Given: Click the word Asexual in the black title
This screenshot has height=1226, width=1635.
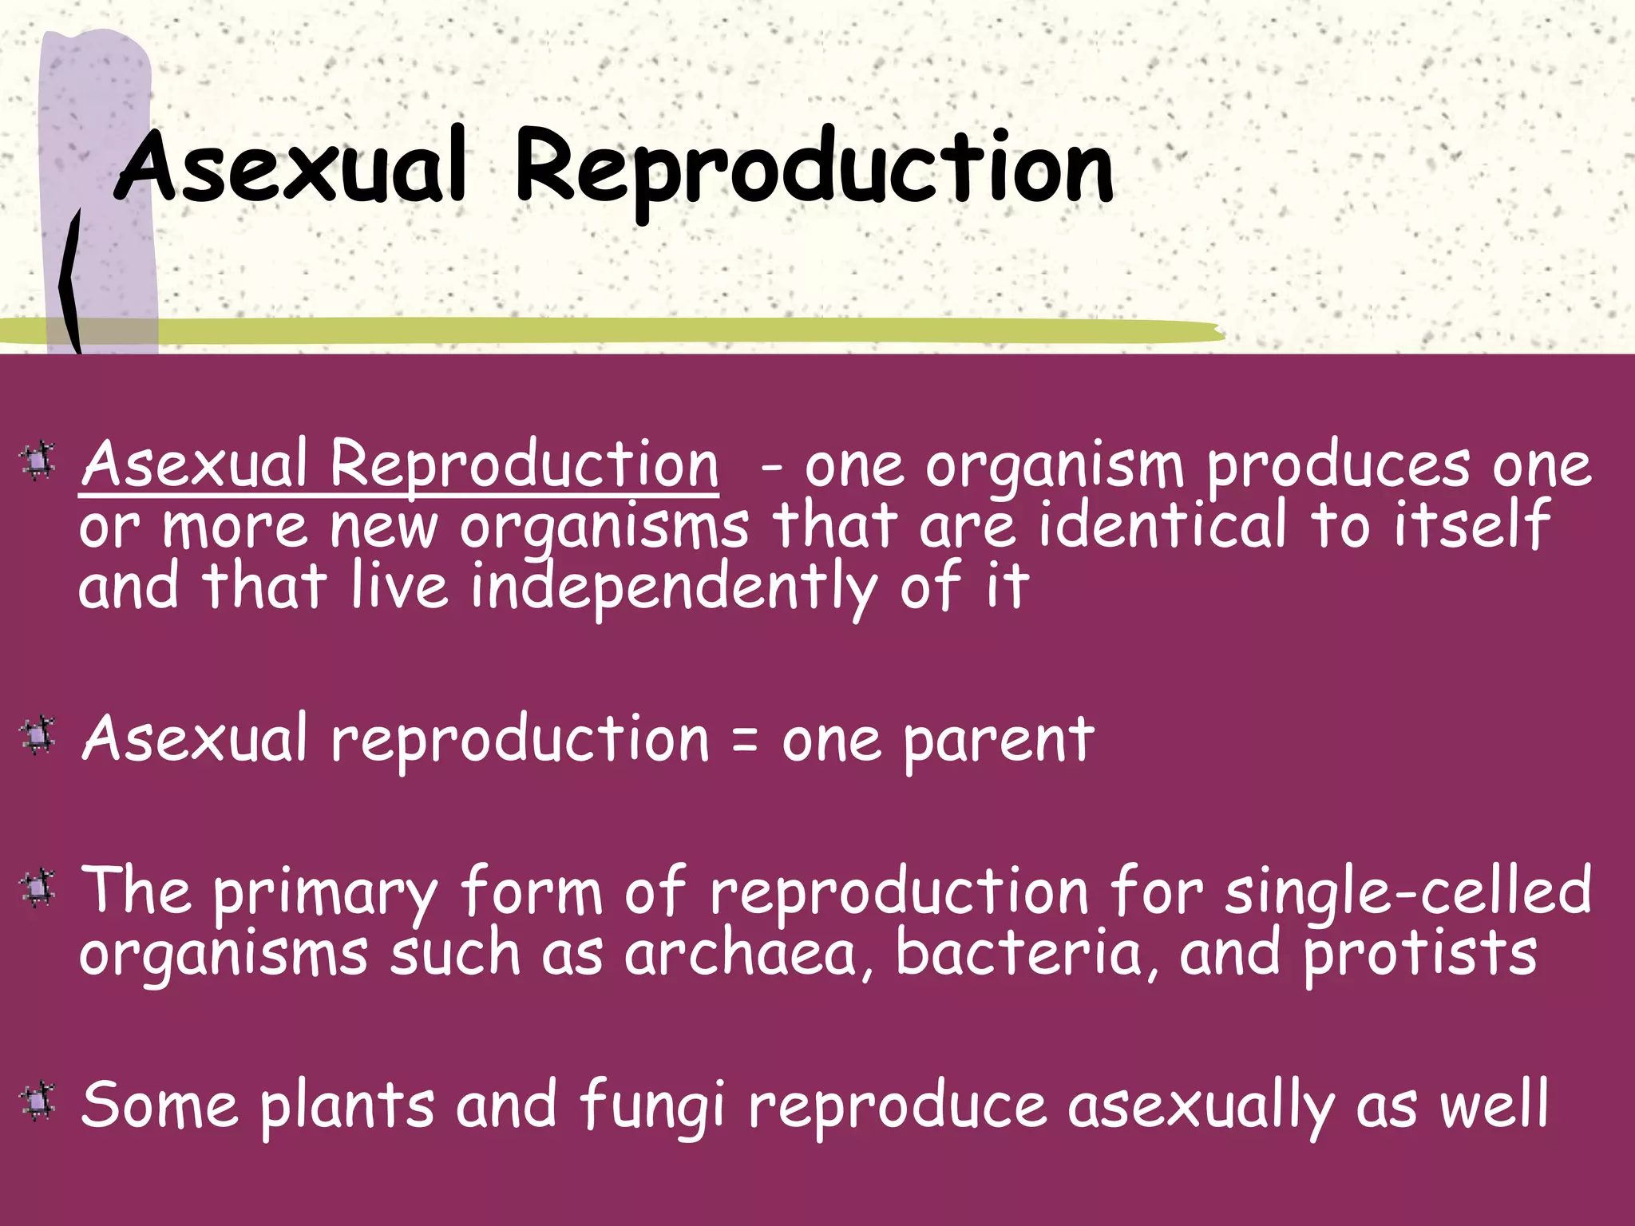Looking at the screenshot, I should click(291, 166).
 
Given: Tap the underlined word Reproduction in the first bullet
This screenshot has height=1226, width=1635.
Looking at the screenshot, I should click(525, 465).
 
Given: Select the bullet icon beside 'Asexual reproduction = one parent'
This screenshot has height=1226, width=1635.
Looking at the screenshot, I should click(38, 736).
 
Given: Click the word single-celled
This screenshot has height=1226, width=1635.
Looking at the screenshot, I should click(1408, 892).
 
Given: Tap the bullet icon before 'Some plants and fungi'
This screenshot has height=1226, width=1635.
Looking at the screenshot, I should click(38, 1101).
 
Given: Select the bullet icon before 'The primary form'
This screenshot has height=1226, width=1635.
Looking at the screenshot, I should click(38, 888).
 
